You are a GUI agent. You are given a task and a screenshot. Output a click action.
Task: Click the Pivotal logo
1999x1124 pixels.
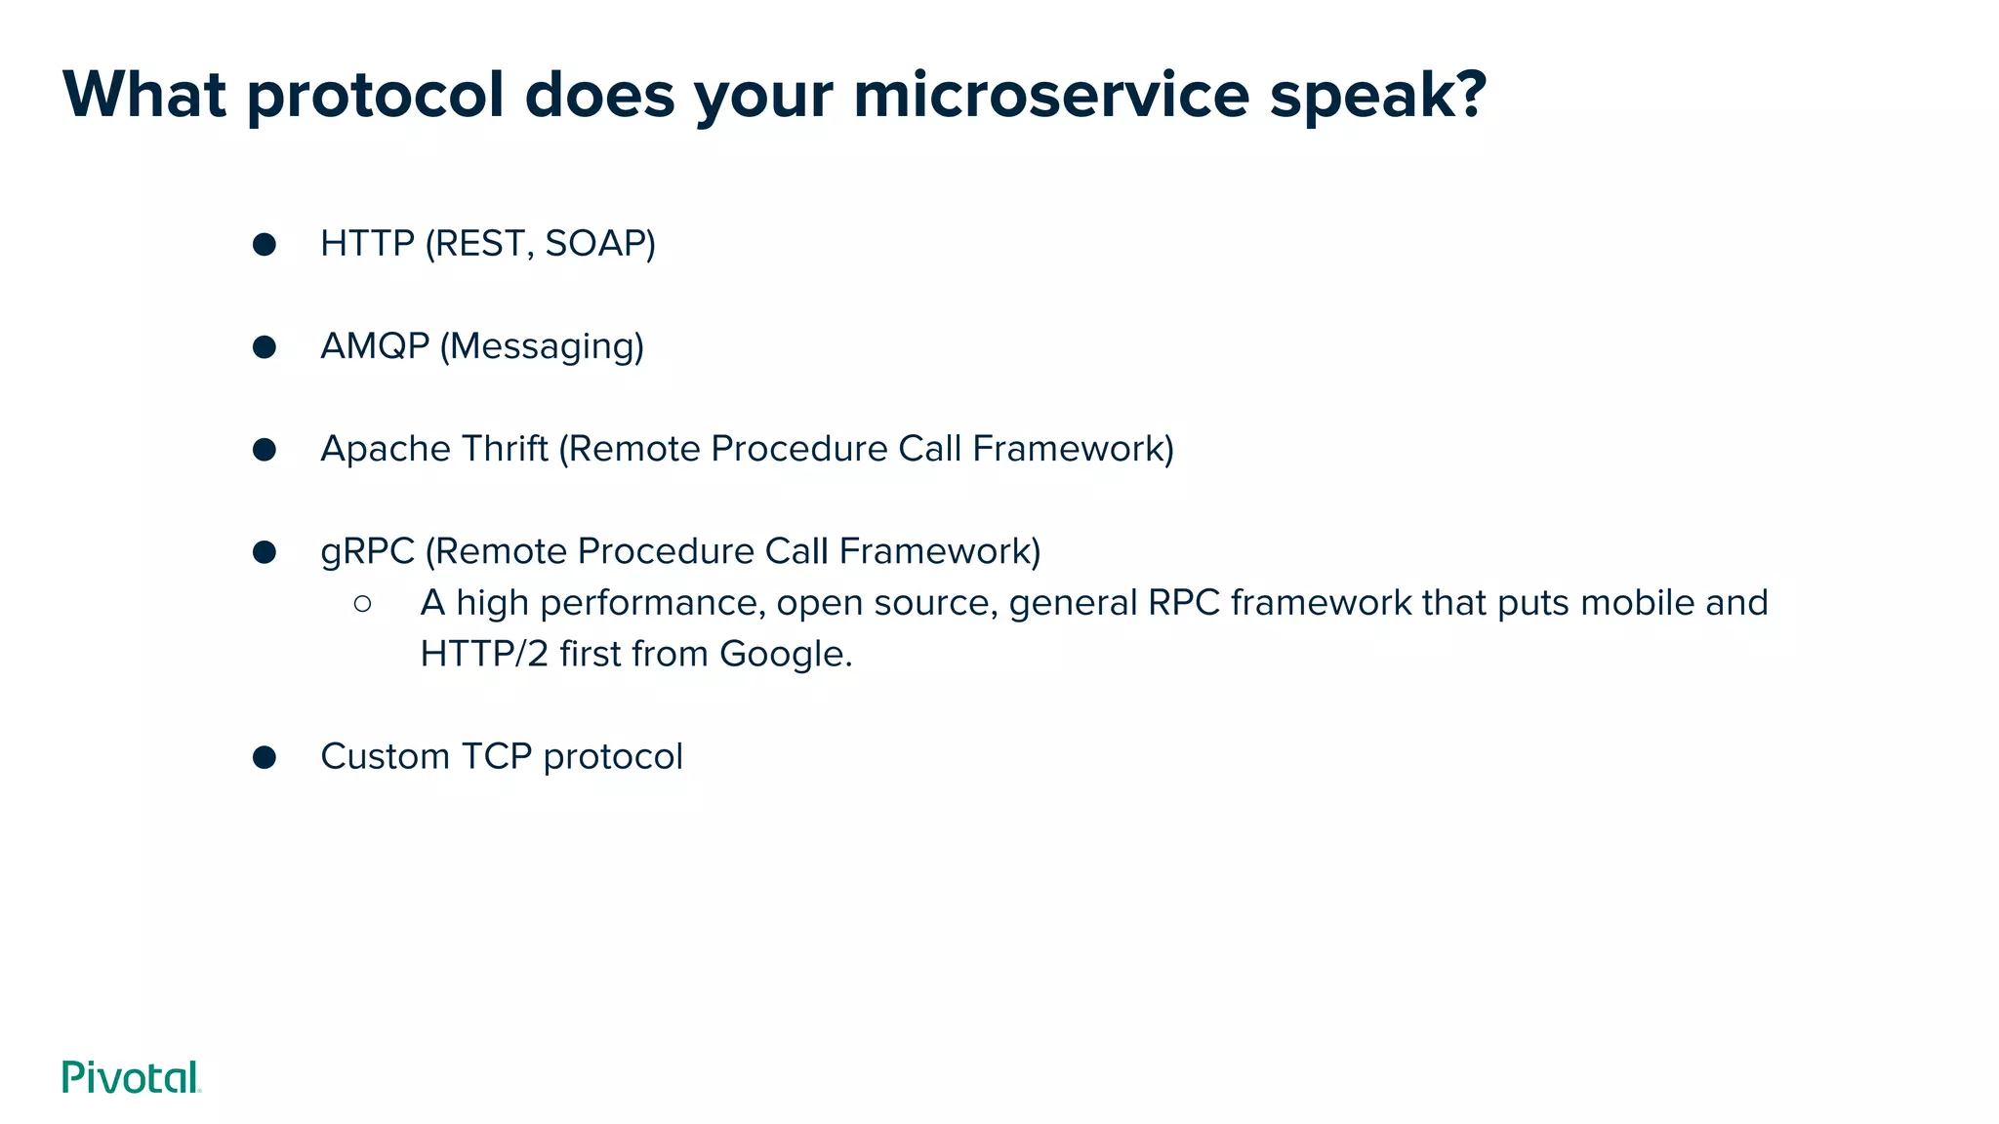coord(131,1077)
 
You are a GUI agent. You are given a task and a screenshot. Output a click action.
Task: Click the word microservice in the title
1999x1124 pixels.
coord(1050,95)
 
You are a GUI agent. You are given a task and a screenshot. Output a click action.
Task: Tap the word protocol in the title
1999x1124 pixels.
coord(375,97)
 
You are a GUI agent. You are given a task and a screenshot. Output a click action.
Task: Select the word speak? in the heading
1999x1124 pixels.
coord(1377,97)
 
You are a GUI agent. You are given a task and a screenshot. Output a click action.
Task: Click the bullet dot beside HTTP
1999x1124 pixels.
coord(265,244)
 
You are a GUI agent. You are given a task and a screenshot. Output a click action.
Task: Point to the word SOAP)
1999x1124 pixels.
coord(599,244)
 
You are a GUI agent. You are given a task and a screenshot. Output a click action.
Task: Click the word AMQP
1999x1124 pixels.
coord(375,346)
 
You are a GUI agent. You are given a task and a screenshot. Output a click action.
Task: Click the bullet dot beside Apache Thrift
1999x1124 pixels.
coord(265,449)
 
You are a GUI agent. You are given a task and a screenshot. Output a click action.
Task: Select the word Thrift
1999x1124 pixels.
coord(504,449)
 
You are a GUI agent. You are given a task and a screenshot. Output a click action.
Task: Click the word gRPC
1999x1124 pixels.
coord(367,552)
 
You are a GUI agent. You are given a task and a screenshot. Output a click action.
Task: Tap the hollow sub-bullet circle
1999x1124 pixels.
coord(363,604)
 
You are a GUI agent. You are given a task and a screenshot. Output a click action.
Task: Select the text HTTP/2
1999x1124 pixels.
coord(484,654)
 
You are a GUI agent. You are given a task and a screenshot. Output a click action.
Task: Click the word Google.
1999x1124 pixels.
coord(785,654)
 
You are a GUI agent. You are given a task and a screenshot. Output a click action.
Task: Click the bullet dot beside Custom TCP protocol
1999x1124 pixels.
coord(265,757)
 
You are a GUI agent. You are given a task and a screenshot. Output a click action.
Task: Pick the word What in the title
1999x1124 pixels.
coord(144,95)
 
